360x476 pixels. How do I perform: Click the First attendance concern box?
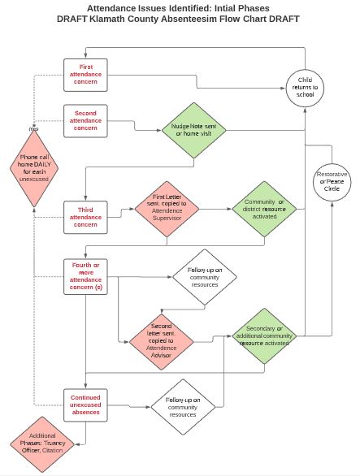point(88,74)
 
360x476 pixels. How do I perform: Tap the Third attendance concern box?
point(88,217)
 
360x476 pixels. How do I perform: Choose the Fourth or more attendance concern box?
point(88,276)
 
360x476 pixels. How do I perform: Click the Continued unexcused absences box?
point(88,405)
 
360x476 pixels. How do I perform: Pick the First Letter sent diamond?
point(167,208)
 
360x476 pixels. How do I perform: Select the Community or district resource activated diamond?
point(264,208)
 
